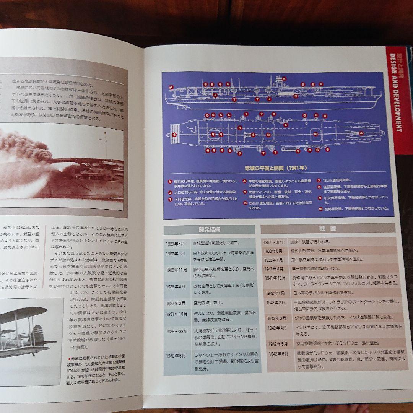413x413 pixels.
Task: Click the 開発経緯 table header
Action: [x=209, y=229]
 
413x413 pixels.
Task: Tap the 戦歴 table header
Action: [x=328, y=228]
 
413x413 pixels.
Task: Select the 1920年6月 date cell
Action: [x=175, y=244]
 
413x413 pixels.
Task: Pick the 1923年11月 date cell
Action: [x=177, y=270]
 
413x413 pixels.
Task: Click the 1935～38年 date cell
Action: [x=177, y=331]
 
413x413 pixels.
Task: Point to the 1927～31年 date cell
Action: [x=274, y=242]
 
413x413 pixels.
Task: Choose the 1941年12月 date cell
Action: [x=275, y=278]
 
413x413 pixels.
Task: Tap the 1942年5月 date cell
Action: [x=278, y=343]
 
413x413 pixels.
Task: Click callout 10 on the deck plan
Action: [x=315, y=134]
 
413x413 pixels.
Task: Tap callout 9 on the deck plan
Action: [x=268, y=135]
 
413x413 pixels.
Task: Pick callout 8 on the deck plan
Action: [x=213, y=134]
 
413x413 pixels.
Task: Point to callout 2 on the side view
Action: [x=215, y=95]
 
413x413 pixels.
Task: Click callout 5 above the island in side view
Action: [x=284, y=78]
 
